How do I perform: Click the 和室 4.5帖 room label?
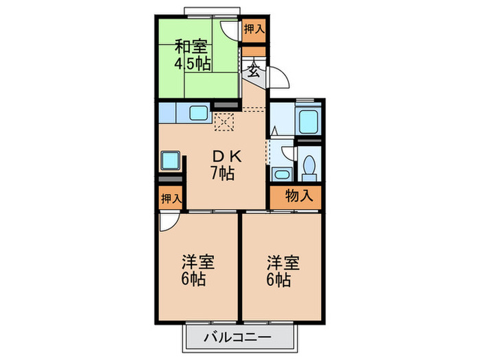click(x=191, y=56)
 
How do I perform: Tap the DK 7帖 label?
click(x=222, y=165)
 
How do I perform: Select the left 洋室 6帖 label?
click(x=197, y=270)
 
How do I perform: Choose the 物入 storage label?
click(x=298, y=195)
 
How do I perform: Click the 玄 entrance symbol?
click(x=253, y=70)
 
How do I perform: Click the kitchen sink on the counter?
click(x=199, y=112)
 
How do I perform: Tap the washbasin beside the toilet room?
click(x=279, y=173)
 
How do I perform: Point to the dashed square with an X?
click(x=224, y=122)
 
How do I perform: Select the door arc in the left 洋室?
click(x=167, y=221)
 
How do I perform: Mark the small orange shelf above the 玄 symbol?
click(x=253, y=50)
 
